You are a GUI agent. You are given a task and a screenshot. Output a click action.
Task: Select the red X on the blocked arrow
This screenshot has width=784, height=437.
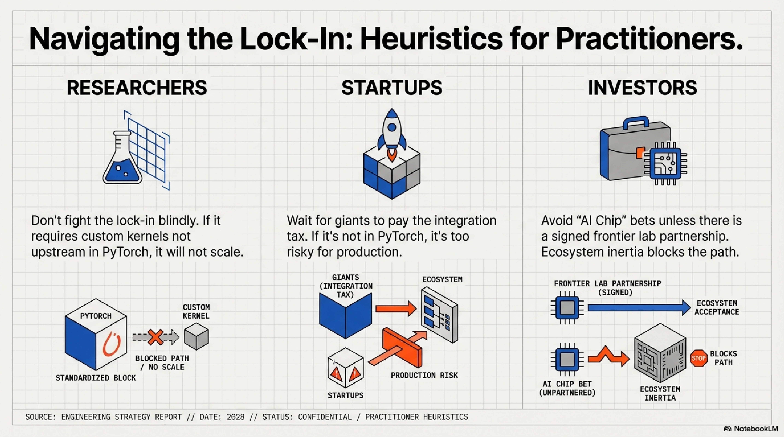click(155, 337)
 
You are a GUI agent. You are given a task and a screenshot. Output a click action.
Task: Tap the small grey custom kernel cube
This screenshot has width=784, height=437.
click(196, 336)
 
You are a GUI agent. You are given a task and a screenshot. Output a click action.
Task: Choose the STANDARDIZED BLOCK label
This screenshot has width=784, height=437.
click(96, 378)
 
